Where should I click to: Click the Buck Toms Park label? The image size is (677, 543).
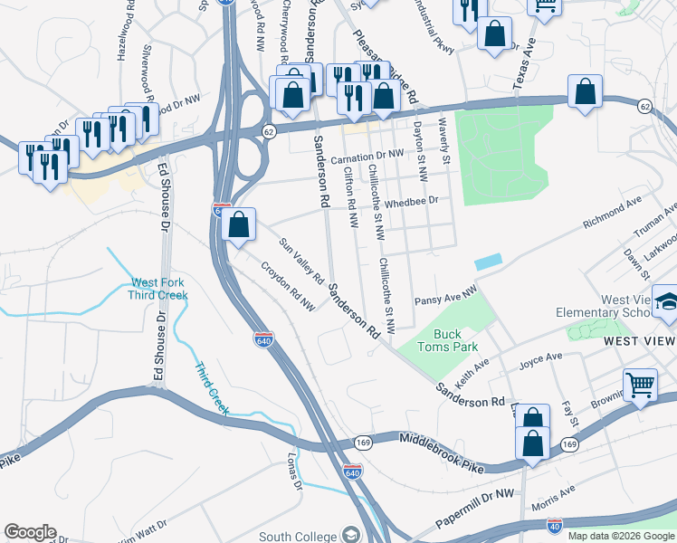coord(447,338)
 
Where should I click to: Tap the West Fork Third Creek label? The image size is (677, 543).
coord(158,288)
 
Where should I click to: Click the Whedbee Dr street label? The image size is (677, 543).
coord(411,203)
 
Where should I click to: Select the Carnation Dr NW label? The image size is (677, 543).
coord(367,157)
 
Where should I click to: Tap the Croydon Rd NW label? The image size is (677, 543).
coord(288,287)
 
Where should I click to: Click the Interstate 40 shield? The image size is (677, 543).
coord(554,526)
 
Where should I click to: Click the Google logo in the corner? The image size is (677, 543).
coord(30,531)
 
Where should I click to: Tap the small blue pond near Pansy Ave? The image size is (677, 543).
coord(486,261)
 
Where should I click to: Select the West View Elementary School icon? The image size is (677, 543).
coord(667,302)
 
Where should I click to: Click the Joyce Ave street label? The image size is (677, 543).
coord(541,362)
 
